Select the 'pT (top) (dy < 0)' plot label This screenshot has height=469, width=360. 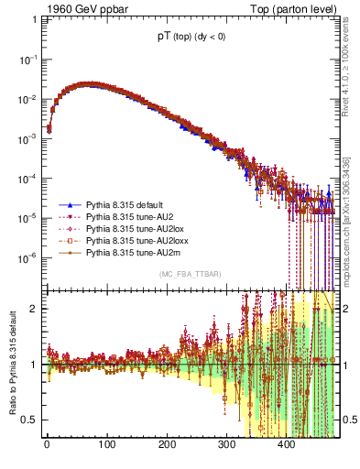pos(192,38)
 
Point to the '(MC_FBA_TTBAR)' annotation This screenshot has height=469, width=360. pos(191,275)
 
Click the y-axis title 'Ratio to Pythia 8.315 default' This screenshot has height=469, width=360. pos(12,363)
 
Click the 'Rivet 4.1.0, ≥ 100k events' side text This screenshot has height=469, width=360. pos(350,60)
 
